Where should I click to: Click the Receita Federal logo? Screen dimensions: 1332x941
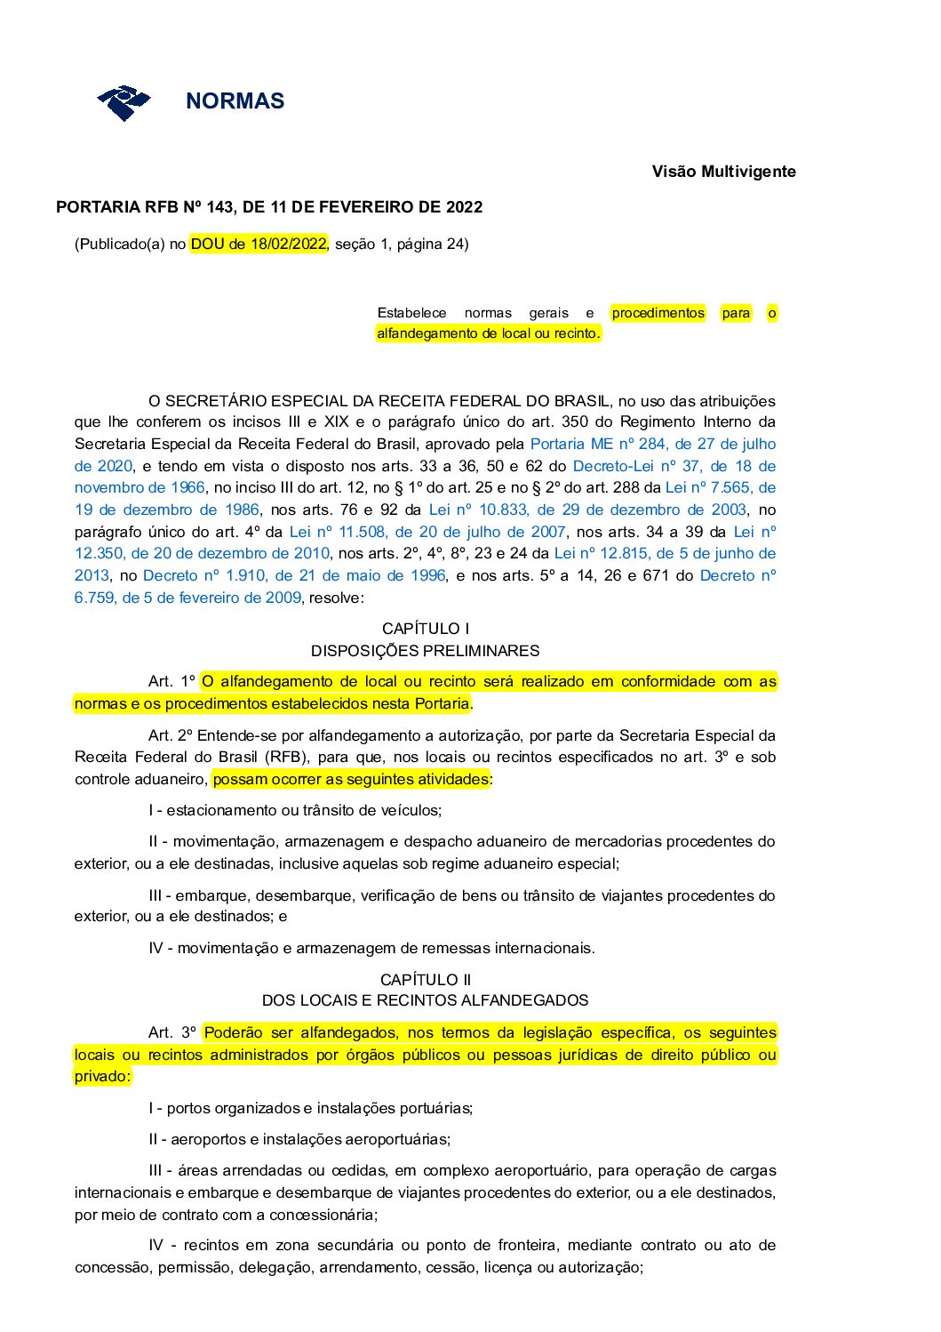click(124, 102)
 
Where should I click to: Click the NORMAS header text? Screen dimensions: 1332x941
click(235, 101)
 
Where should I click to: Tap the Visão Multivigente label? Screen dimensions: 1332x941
click(723, 172)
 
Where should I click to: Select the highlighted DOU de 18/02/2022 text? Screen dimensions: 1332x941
click(259, 244)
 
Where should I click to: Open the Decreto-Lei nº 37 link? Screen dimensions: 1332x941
click(674, 466)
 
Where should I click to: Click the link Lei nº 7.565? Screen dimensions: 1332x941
click(720, 487)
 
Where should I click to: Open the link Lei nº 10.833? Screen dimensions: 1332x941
click(586, 510)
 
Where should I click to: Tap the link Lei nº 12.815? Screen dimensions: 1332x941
click(664, 553)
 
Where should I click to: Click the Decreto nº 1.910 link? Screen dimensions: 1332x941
click(293, 575)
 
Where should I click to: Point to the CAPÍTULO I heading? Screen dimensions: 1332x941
click(426, 629)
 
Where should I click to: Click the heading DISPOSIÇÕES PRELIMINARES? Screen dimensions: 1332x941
click(426, 651)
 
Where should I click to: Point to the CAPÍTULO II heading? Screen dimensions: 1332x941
click(426, 980)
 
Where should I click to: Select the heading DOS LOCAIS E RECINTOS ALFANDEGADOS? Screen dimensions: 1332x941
click(426, 1001)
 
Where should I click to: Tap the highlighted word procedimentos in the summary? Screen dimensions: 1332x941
click(658, 313)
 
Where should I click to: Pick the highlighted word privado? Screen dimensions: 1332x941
click(101, 1076)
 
